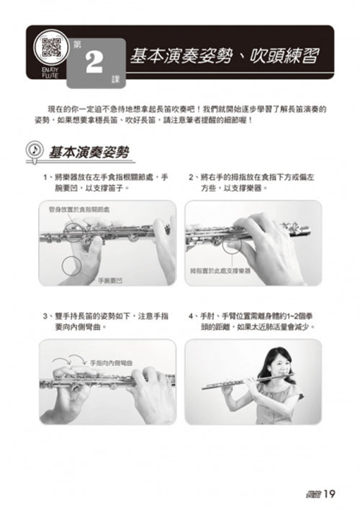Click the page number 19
click(330, 493)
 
